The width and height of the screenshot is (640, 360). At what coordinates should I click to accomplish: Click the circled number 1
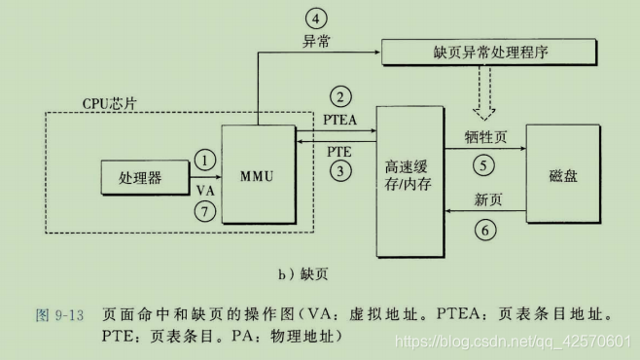click(204, 158)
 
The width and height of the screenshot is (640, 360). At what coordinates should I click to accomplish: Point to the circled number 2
click(339, 96)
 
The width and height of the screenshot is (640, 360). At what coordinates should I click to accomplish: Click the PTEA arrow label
click(339, 118)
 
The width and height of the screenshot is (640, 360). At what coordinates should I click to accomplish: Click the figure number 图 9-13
click(61, 315)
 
